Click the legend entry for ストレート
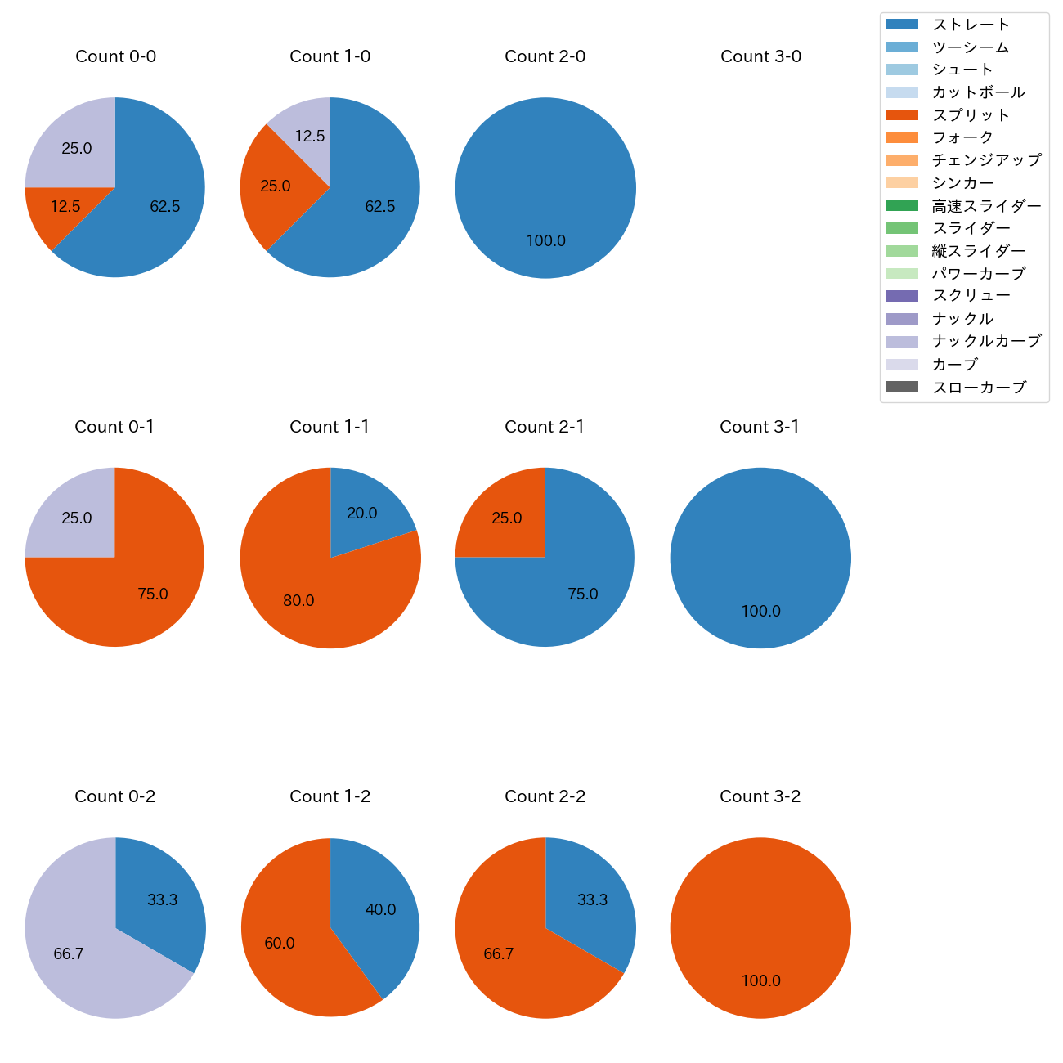(x=971, y=25)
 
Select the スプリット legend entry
(x=971, y=115)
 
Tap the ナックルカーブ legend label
(x=986, y=341)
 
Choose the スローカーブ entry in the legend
(x=979, y=388)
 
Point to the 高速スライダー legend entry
(x=986, y=206)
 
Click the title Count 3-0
(x=760, y=56)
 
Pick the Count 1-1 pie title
(x=330, y=427)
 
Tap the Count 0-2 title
(x=115, y=796)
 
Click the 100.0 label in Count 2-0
(x=546, y=241)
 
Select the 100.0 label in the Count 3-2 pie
(x=760, y=980)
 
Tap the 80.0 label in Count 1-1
(x=298, y=601)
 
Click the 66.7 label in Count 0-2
(x=69, y=954)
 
